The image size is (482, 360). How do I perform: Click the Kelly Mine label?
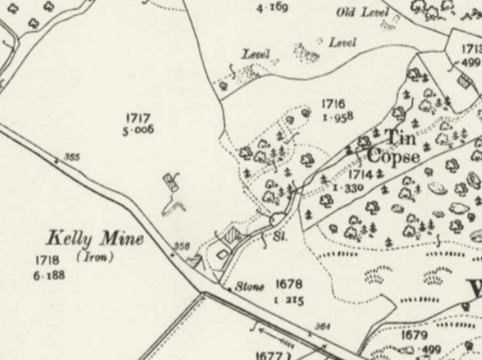click(x=95, y=239)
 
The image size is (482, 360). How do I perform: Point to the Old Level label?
click(x=362, y=13)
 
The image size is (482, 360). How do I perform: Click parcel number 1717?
click(x=138, y=118)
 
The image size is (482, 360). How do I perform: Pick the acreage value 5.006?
click(x=138, y=130)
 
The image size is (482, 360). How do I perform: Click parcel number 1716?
click(x=333, y=104)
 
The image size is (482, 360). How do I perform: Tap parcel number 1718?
click(x=47, y=260)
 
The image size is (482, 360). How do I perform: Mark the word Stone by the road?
click(x=249, y=287)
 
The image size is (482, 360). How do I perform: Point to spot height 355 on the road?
click(x=72, y=158)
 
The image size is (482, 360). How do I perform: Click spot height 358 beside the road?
click(x=181, y=246)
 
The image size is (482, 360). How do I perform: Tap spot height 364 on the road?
click(x=322, y=326)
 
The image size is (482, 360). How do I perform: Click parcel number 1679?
click(x=414, y=335)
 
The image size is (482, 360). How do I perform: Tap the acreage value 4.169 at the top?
click(x=272, y=8)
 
